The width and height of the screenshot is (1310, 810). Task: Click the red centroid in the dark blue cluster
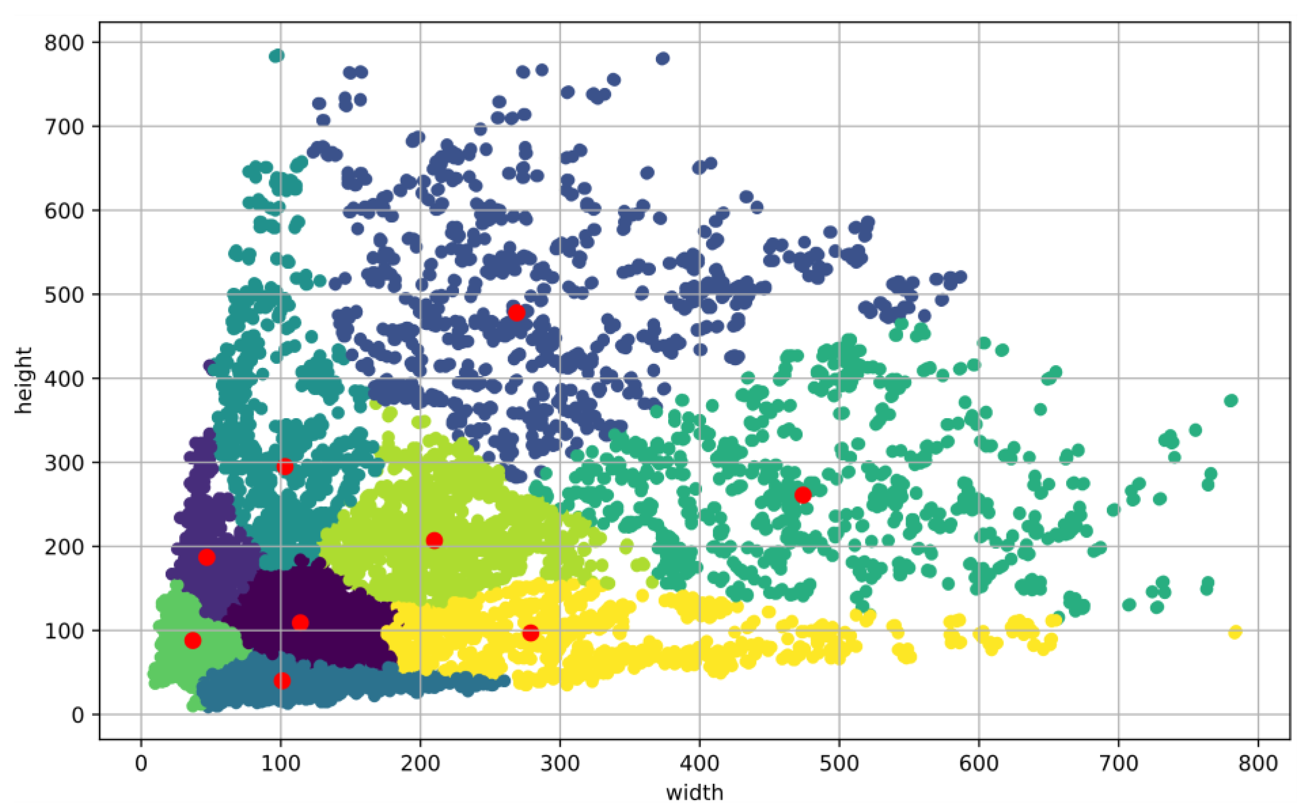516,312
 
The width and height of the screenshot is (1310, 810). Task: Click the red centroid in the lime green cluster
434,540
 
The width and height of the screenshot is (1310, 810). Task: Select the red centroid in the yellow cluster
531,633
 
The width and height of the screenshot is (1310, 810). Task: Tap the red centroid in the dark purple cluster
300,623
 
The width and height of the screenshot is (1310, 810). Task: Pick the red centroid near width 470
802,495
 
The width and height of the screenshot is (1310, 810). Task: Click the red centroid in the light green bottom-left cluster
193,640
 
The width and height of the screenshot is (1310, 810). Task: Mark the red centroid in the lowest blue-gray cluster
282,681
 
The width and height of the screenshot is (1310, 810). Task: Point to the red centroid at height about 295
285,467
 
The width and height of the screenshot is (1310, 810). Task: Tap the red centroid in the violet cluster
207,557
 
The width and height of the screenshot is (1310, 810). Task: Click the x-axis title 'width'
694,792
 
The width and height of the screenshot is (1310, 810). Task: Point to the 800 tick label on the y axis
64,43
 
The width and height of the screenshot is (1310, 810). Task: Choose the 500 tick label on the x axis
839,763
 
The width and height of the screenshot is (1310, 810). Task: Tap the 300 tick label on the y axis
64,463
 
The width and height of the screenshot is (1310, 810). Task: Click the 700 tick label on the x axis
1118,763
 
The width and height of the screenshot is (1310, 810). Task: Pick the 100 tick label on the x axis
280,763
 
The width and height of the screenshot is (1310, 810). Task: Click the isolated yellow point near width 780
1235,632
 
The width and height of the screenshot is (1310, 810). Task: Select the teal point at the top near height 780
277,56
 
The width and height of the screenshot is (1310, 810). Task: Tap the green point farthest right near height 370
1231,401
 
